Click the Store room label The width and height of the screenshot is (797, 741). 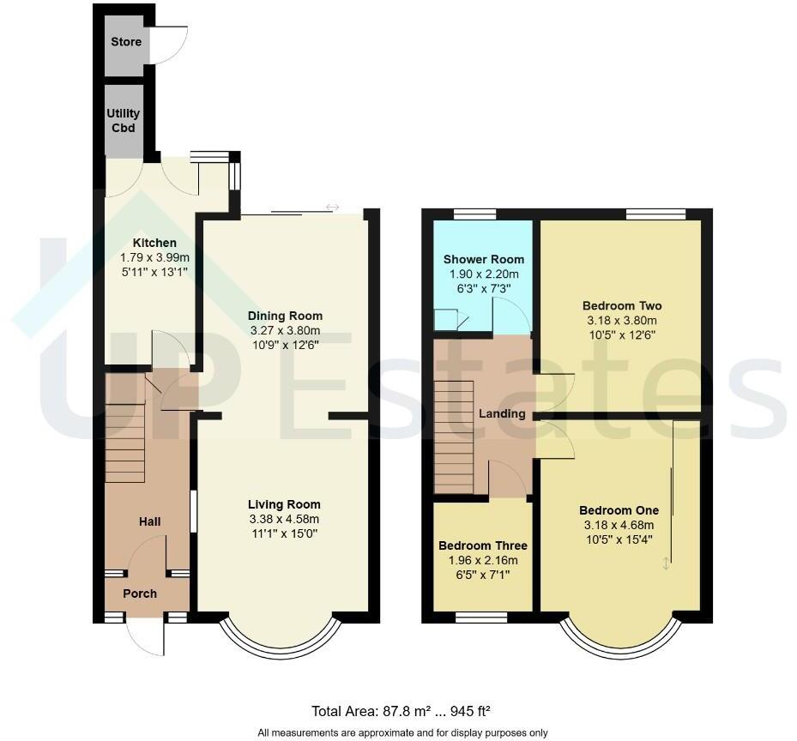click(x=125, y=42)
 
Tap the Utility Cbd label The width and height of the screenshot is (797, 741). click(x=123, y=121)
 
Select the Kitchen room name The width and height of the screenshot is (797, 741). click(x=154, y=244)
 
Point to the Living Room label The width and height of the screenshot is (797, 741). click(x=284, y=504)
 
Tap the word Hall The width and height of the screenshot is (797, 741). click(x=150, y=521)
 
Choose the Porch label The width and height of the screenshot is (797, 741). click(x=140, y=593)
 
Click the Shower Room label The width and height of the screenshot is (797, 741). click(x=483, y=259)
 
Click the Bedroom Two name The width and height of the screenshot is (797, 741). click(x=622, y=305)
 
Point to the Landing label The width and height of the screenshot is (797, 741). click(x=502, y=413)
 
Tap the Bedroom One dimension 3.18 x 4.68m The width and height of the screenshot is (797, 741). click(x=619, y=526)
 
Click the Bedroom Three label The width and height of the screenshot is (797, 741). click(x=482, y=545)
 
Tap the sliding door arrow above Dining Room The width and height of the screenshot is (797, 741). click(x=332, y=208)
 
